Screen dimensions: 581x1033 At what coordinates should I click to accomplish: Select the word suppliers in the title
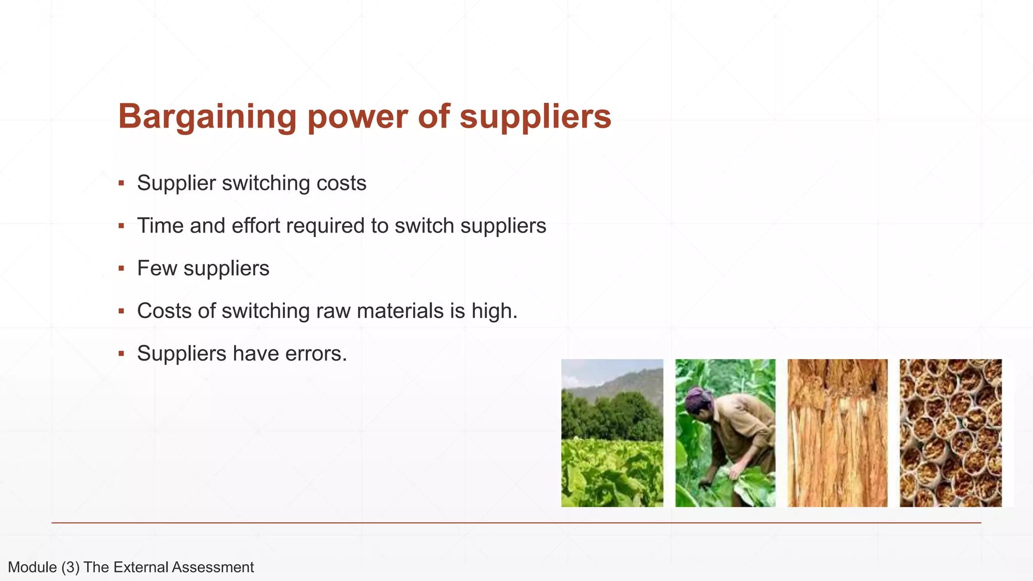coord(535,117)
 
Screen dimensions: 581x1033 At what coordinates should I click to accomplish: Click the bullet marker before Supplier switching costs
coord(121,183)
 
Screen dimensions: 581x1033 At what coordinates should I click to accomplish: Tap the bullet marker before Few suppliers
coord(121,268)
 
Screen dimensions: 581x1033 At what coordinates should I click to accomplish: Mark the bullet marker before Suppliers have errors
coord(121,354)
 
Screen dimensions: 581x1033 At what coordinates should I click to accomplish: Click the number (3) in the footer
coord(71,567)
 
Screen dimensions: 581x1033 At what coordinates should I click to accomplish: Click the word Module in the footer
coord(32,567)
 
